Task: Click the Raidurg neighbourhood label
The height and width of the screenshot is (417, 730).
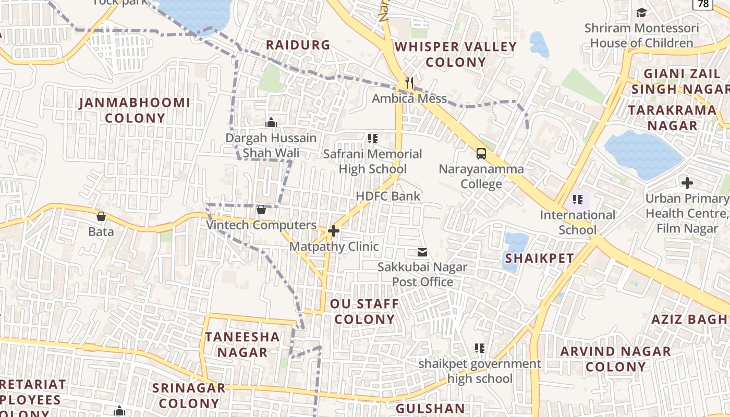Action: click(x=298, y=45)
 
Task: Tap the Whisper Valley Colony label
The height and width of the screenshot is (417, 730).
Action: click(x=456, y=54)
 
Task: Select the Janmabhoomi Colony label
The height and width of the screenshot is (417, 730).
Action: click(x=135, y=110)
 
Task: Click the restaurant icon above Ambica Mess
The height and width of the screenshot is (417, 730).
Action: click(x=409, y=83)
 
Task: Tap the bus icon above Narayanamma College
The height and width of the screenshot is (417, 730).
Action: click(x=481, y=154)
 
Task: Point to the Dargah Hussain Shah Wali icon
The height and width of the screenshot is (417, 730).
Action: click(x=271, y=122)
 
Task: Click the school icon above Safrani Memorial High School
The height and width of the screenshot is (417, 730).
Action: click(x=372, y=139)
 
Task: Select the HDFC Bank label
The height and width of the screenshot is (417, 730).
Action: click(x=388, y=196)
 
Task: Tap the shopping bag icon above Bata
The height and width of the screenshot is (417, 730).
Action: click(x=101, y=216)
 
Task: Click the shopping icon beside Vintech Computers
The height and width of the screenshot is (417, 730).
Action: click(x=261, y=210)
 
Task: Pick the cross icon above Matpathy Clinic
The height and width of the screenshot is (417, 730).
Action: click(x=334, y=230)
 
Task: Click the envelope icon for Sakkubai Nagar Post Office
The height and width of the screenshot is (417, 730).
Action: click(x=422, y=253)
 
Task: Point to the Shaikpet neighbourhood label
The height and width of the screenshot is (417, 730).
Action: click(x=540, y=258)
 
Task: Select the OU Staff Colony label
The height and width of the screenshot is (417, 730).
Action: click(x=364, y=311)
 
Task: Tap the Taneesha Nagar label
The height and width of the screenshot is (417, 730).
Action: click(x=242, y=344)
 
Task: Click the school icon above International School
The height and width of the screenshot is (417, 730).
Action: click(x=577, y=199)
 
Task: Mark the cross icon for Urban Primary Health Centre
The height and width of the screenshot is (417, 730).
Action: click(x=687, y=183)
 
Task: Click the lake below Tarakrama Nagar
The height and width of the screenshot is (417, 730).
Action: click(x=642, y=154)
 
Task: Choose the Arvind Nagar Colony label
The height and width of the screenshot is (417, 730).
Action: click(x=615, y=359)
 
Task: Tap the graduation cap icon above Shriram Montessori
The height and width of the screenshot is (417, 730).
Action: click(x=641, y=13)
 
